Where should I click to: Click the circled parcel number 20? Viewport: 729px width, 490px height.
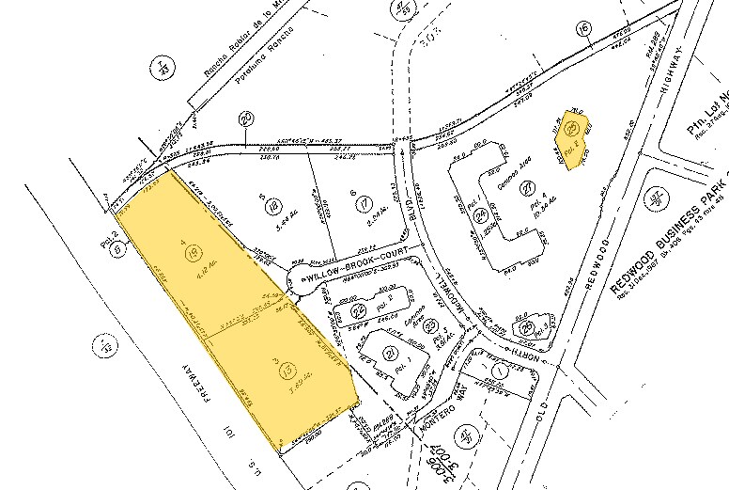[x=247, y=119]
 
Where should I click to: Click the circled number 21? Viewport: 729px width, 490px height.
[x=390, y=353]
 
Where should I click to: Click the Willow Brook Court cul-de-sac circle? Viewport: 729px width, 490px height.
[x=302, y=277]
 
